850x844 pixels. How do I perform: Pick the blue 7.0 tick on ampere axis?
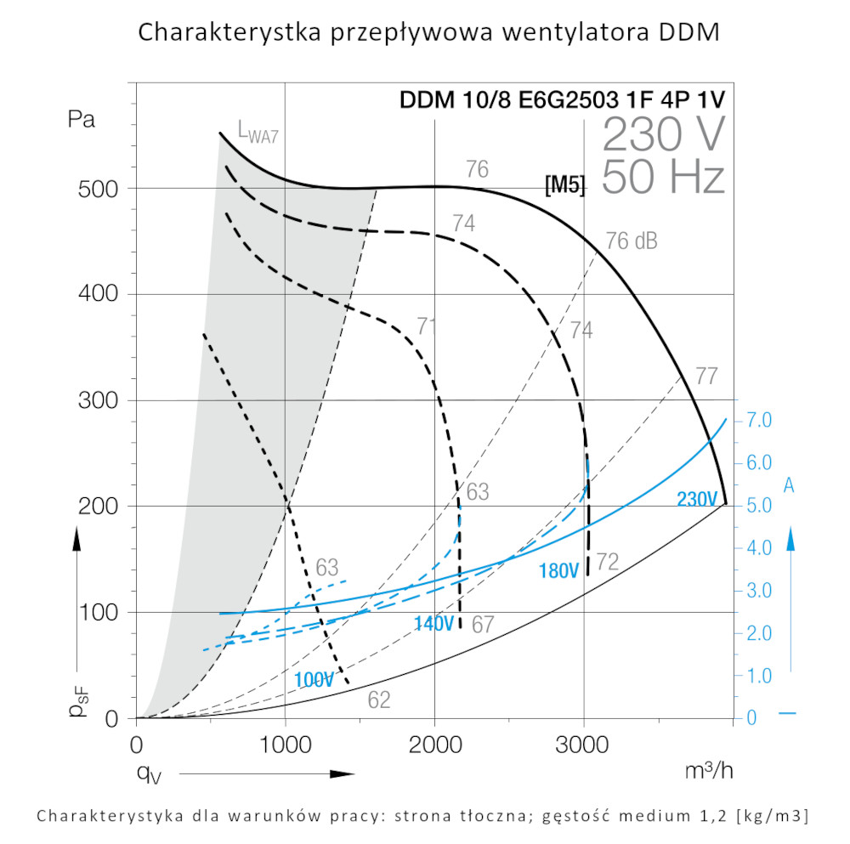click(758, 421)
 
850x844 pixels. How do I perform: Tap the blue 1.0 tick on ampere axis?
click(758, 676)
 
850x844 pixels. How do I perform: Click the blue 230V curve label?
click(698, 500)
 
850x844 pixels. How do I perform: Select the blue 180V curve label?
click(559, 571)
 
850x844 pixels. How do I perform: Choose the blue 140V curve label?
click(434, 624)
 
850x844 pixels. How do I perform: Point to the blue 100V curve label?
click(315, 680)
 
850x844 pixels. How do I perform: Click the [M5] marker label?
click(565, 184)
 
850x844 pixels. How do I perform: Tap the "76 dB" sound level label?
click(632, 241)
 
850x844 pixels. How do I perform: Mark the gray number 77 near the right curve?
click(707, 376)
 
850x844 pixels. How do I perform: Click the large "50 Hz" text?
click(664, 178)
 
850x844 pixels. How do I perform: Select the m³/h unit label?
click(708, 771)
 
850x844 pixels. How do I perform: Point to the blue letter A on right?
click(789, 485)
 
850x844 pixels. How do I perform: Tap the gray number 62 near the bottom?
click(379, 700)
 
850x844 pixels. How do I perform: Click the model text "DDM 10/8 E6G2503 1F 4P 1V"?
click(563, 100)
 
